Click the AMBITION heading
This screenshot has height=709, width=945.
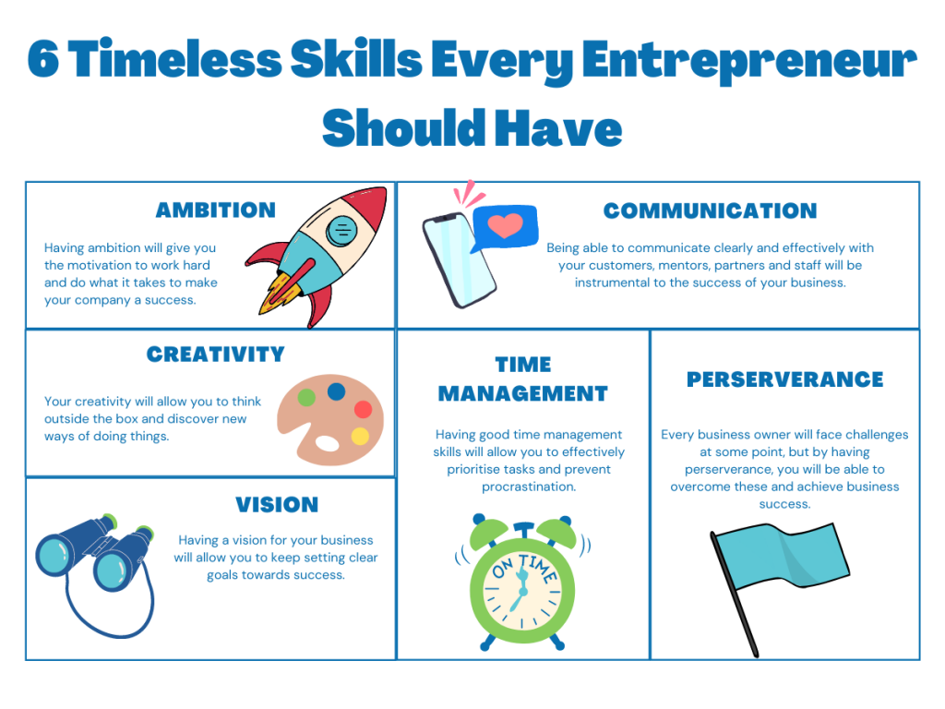pos(216,210)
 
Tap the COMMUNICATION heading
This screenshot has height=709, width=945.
pos(710,210)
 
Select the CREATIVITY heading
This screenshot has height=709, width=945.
pos(215,354)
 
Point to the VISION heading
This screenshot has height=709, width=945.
pos(277,505)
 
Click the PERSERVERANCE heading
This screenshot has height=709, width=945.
pos(784,379)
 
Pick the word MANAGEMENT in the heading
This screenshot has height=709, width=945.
pos(522,393)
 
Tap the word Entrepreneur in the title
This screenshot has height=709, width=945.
pos(748,64)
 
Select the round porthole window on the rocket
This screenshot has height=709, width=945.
pos(341,230)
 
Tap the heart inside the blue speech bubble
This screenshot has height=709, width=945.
pos(505,225)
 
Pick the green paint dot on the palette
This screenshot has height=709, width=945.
pos(306,397)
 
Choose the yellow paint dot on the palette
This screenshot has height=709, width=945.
pos(360,436)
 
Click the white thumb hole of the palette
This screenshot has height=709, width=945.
pos(328,443)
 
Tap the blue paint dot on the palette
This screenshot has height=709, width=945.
pos(336,391)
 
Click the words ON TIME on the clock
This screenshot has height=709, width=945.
pos(524,567)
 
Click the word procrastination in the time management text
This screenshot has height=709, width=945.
pos(529,487)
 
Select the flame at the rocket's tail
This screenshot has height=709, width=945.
pos(279,294)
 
